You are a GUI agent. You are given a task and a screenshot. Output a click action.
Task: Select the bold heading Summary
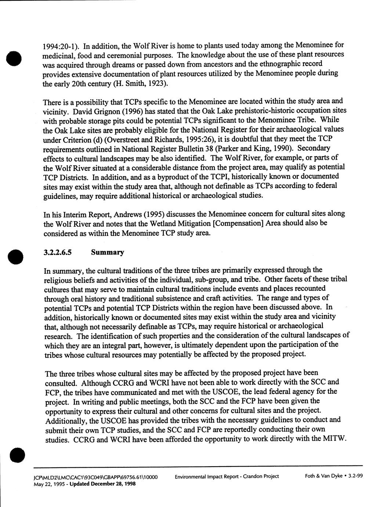pos(108,252)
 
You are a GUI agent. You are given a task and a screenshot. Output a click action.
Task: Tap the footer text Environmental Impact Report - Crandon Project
pos(227,477)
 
